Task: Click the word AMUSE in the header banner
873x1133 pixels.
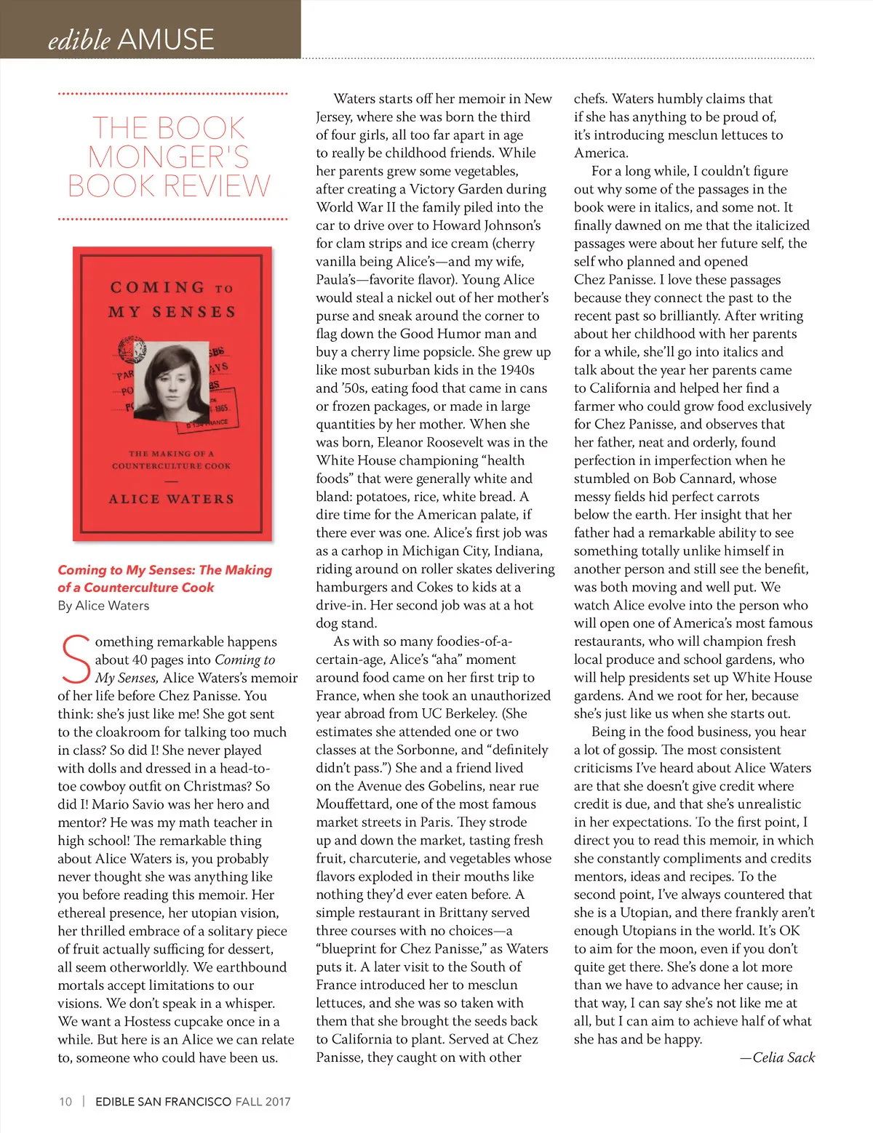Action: tap(166, 39)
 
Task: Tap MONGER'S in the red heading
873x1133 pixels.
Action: tap(169, 157)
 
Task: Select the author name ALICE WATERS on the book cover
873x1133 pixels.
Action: tap(172, 499)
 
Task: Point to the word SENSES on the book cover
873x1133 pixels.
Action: tap(194, 312)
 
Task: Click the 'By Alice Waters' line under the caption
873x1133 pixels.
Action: tap(103, 606)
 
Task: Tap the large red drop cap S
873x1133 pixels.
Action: tap(75, 660)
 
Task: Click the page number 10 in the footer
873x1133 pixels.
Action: tap(65, 1102)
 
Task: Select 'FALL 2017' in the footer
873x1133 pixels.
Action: tap(263, 1102)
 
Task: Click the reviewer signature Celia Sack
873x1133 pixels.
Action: tap(784, 1057)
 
